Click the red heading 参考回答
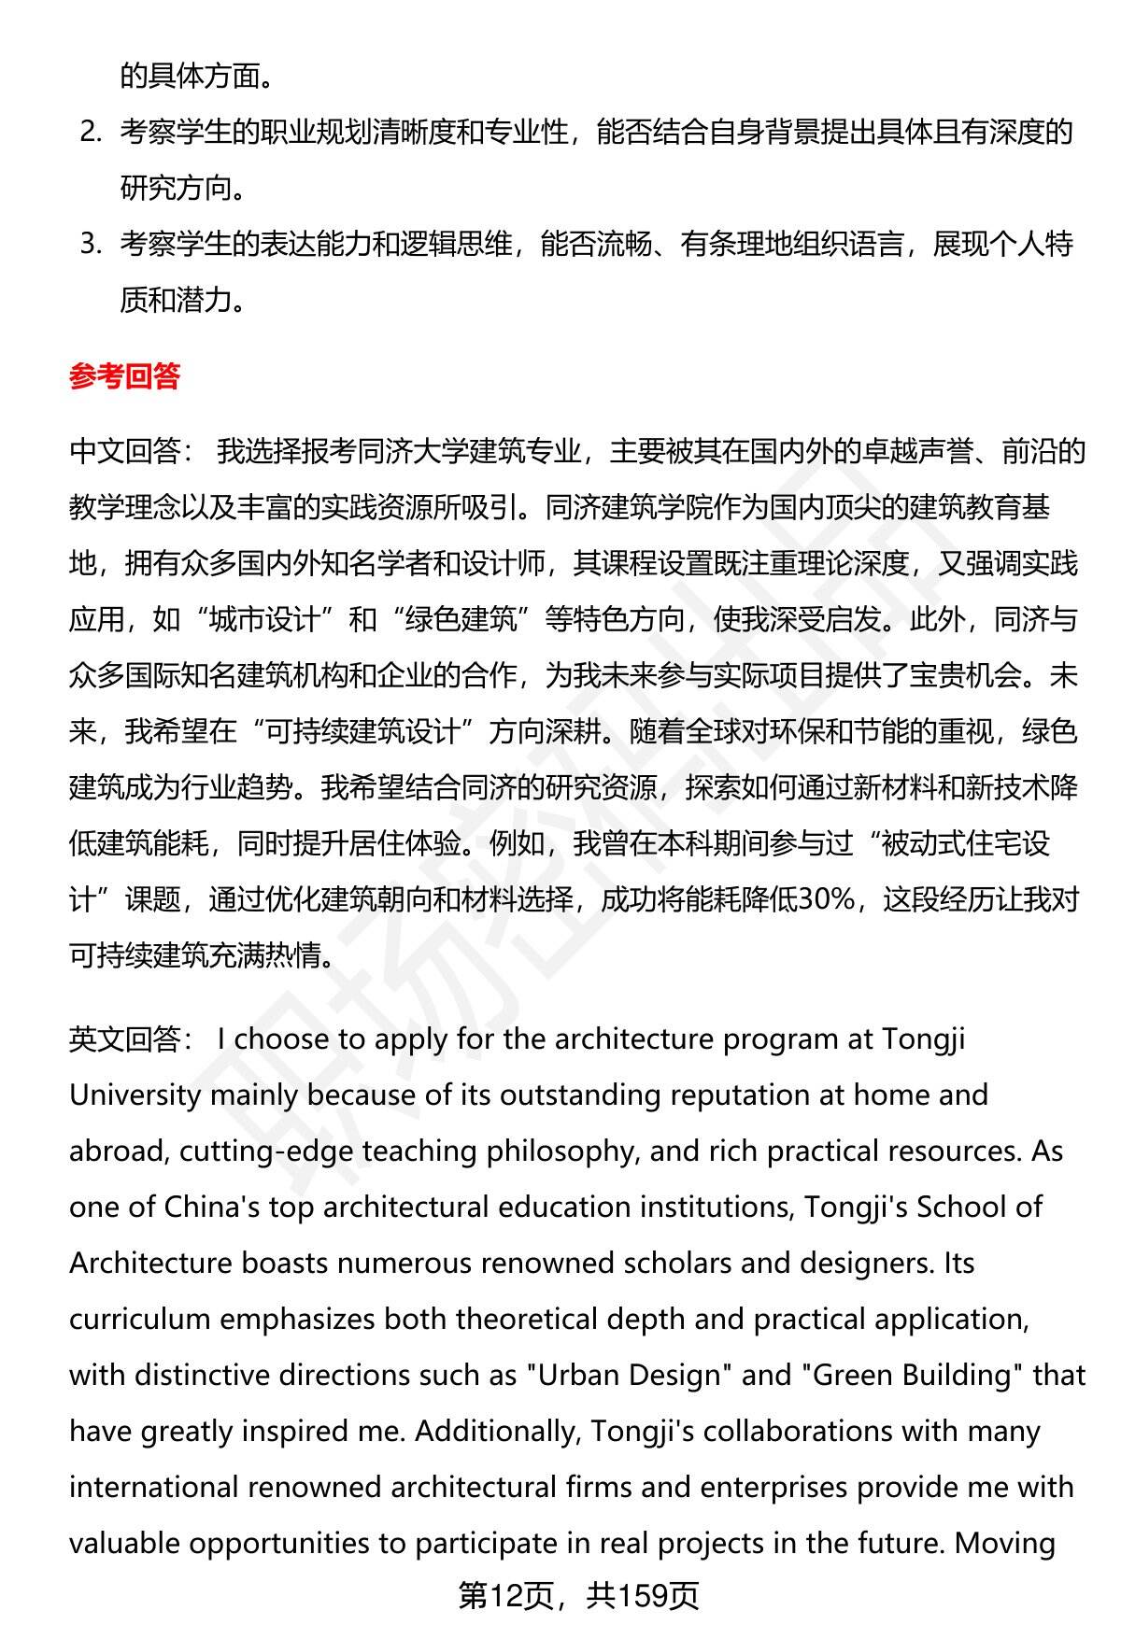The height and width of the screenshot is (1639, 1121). (x=124, y=376)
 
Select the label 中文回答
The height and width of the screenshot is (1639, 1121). (x=124, y=451)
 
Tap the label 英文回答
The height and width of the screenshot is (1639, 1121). (x=124, y=1039)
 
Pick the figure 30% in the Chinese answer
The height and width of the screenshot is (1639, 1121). (x=828, y=899)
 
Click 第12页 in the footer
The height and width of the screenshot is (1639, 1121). (x=505, y=1596)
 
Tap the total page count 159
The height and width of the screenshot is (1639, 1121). (x=644, y=1596)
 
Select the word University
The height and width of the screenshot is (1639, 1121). (x=135, y=1095)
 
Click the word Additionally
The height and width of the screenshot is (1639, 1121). (x=498, y=1431)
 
